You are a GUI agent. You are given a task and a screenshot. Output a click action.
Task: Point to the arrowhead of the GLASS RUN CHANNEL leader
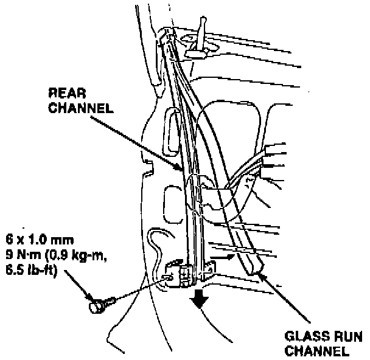pyautogui.click(x=260, y=274)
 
